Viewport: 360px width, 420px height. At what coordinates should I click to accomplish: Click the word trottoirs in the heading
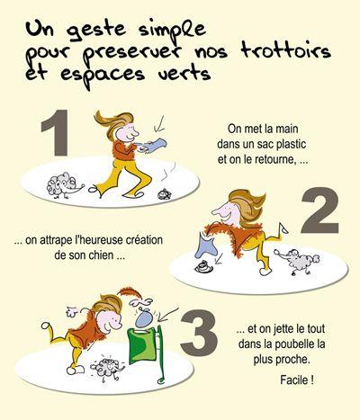(286, 50)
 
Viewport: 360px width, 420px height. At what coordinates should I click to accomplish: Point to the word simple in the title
(173, 30)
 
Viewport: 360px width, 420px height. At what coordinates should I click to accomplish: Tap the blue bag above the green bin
(145, 318)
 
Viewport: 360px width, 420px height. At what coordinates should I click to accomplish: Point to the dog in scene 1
(64, 184)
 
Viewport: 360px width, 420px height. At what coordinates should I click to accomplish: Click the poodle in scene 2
(297, 260)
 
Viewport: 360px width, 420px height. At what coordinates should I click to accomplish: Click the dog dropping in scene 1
(165, 194)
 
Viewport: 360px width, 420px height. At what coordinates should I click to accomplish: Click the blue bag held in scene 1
(156, 145)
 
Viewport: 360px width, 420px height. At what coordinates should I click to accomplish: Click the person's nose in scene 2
(217, 211)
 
